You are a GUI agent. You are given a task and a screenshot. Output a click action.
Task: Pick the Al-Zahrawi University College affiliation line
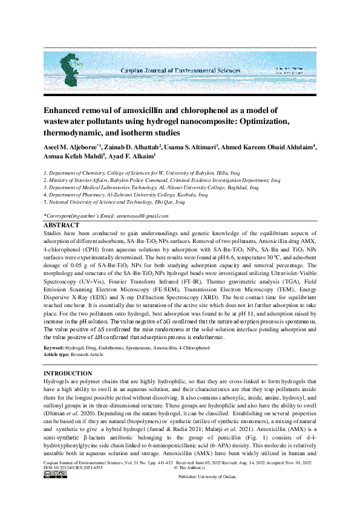point(126,195)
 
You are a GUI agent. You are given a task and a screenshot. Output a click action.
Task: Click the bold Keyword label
point(54,349)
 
